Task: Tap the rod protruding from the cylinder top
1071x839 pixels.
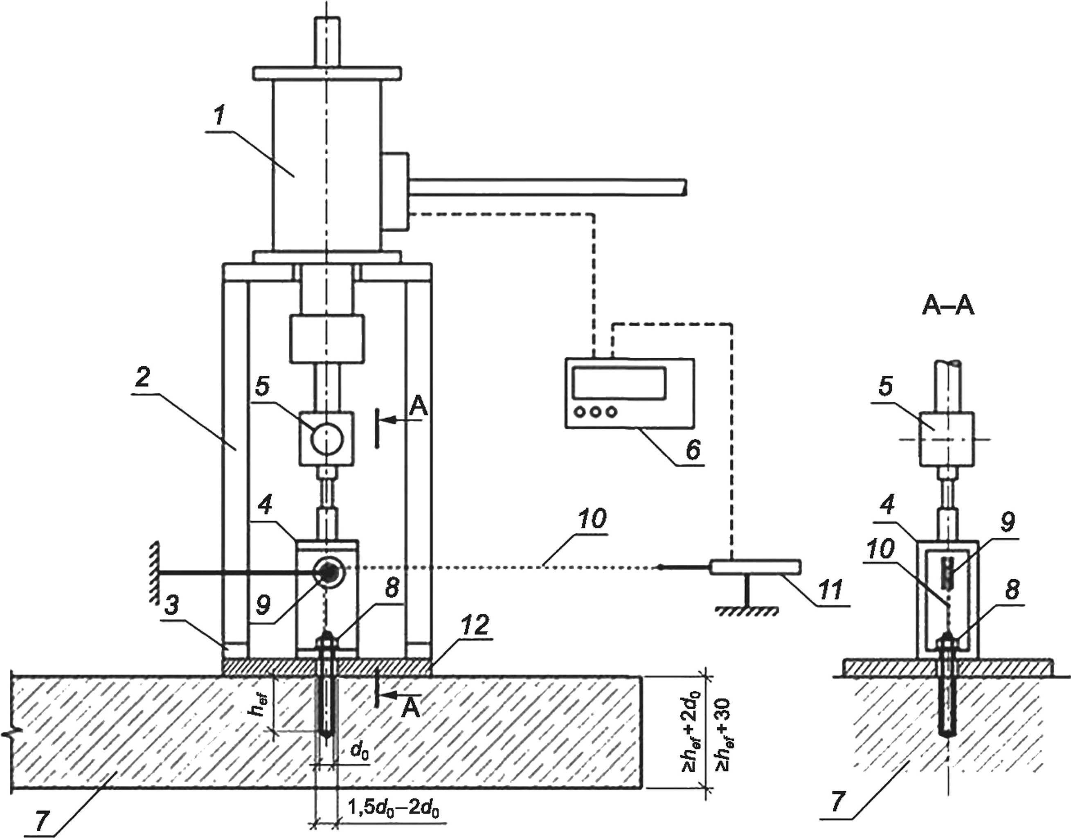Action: [326, 43]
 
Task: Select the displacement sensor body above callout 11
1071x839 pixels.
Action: [756, 567]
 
